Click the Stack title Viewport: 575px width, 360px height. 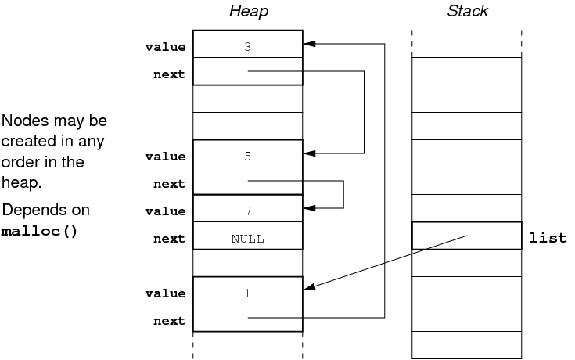pos(467,11)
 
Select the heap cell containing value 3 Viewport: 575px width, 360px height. pos(247,44)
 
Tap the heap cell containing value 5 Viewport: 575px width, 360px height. pos(247,154)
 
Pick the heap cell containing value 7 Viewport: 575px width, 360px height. pos(247,209)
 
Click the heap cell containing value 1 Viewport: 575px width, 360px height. pos(247,291)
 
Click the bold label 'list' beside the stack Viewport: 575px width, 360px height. pos(548,237)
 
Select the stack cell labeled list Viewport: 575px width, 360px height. pos(466,236)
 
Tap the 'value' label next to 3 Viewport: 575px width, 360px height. pos(165,47)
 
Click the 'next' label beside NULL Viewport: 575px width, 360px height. pos(170,239)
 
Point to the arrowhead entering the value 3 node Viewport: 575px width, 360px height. pos(308,44)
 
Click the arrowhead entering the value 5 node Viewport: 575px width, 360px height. pos(308,153)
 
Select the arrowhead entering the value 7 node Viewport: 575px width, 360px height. pos(308,208)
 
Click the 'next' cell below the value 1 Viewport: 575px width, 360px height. pos(247,318)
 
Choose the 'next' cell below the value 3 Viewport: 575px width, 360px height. pos(247,72)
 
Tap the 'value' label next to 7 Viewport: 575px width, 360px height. pos(165,211)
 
